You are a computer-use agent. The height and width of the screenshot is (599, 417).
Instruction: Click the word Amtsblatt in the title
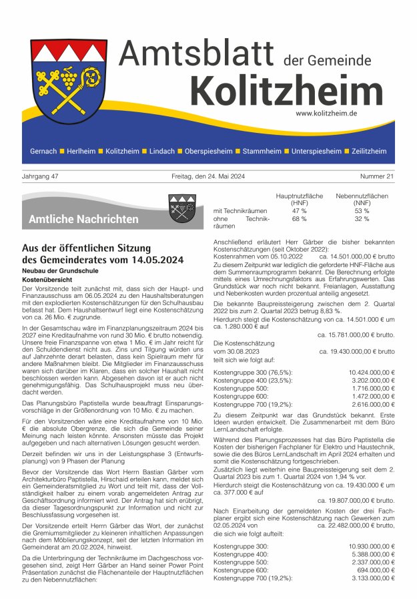[197, 54]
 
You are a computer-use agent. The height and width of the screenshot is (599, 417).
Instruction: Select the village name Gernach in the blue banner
[43, 152]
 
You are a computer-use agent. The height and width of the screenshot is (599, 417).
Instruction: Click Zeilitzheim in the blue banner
[368, 152]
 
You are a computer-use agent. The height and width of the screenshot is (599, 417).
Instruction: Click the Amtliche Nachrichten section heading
[83, 219]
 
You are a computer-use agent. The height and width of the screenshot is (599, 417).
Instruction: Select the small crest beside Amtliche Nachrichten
[181, 208]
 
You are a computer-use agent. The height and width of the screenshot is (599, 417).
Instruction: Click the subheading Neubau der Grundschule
[59, 269]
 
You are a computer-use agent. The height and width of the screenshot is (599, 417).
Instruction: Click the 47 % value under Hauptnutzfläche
[299, 210]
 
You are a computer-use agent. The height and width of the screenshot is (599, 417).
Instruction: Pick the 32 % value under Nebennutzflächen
[362, 219]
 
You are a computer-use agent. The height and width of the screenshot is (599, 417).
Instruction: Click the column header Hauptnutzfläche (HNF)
[299, 199]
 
